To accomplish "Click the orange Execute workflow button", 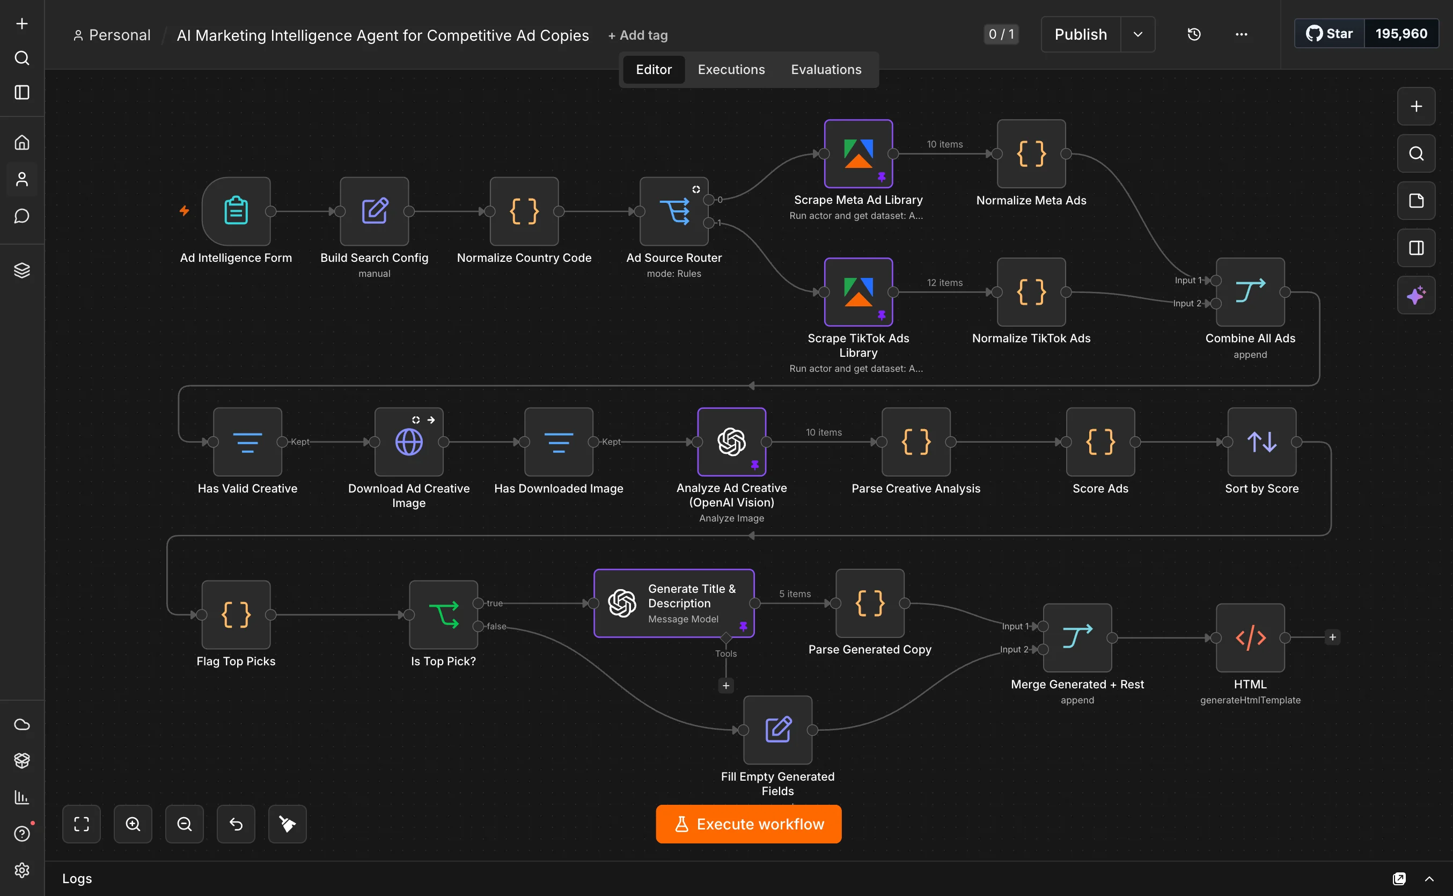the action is click(748, 824).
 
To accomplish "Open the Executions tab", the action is click(731, 69).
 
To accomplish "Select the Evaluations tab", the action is click(826, 69).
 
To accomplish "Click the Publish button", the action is click(1081, 34).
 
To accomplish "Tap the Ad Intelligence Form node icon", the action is click(236, 211).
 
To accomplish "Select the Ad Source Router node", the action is click(674, 211).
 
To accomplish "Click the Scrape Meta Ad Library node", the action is click(858, 154).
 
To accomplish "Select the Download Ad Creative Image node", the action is click(409, 442).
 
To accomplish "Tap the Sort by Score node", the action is click(1261, 442).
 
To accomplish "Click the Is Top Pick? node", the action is click(443, 614).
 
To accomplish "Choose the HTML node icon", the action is click(1250, 637).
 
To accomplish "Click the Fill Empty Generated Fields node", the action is click(777, 730).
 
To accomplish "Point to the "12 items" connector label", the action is click(944, 283).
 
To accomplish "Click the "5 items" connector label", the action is click(795, 594).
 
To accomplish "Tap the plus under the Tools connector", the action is click(726, 686).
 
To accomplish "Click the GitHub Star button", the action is click(1329, 34).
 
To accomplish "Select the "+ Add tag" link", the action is click(637, 35).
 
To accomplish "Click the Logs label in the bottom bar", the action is click(77, 878).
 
